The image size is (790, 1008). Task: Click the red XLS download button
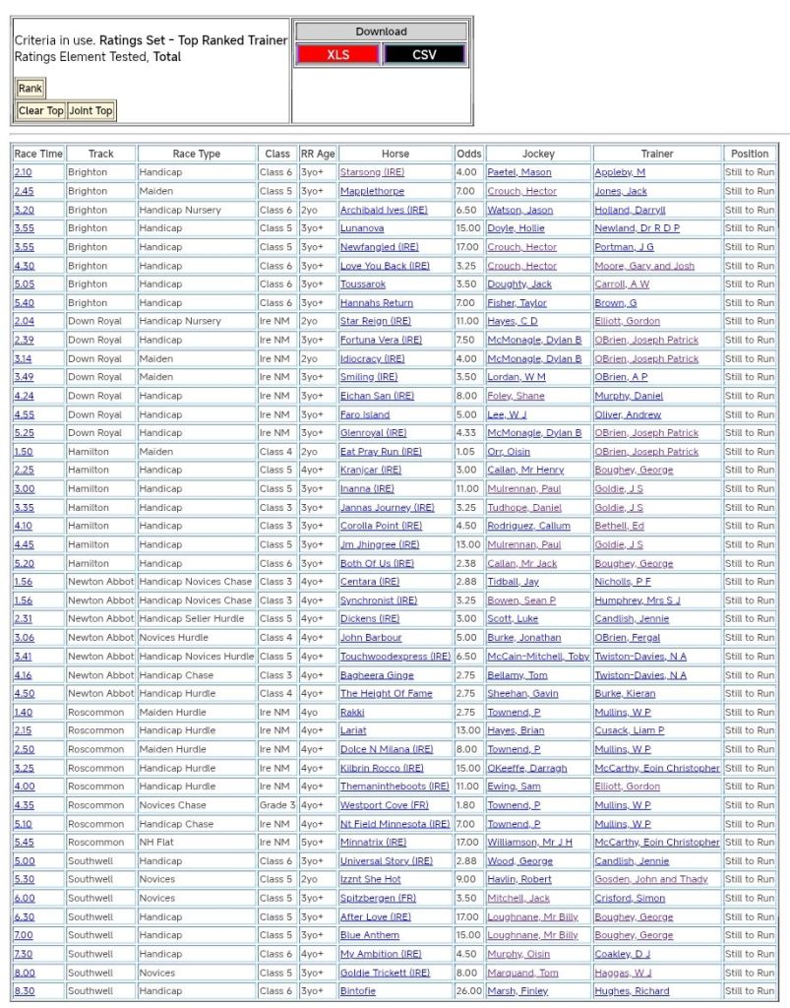pyautogui.click(x=337, y=55)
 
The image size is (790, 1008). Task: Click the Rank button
pyautogui.click(x=30, y=89)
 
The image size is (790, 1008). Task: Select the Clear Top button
pyautogui.click(x=40, y=110)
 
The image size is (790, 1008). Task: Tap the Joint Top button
pyautogui.click(x=91, y=110)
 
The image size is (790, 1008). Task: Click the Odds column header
pyautogui.click(x=469, y=154)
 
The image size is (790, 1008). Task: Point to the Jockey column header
pyautogui.click(x=538, y=154)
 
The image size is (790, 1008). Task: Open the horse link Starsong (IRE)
pyautogui.click(x=372, y=172)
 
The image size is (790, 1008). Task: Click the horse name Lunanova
pyautogui.click(x=362, y=228)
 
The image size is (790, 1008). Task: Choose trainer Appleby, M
pyautogui.click(x=620, y=172)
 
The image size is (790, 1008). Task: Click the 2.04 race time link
pyautogui.click(x=24, y=321)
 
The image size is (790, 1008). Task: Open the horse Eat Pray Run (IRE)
pyautogui.click(x=381, y=452)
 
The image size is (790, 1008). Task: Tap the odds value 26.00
pyautogui.click(x=469, y=991)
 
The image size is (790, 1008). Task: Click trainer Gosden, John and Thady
pyautogui.click(x=650, y=880)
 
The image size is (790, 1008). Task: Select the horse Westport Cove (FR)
pyautogui.click(x=384, y=805)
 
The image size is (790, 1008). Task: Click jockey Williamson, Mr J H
pyautogui.click(x=529, y=843)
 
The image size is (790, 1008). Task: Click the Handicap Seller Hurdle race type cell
pyautogui.click(x=197, y=619)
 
